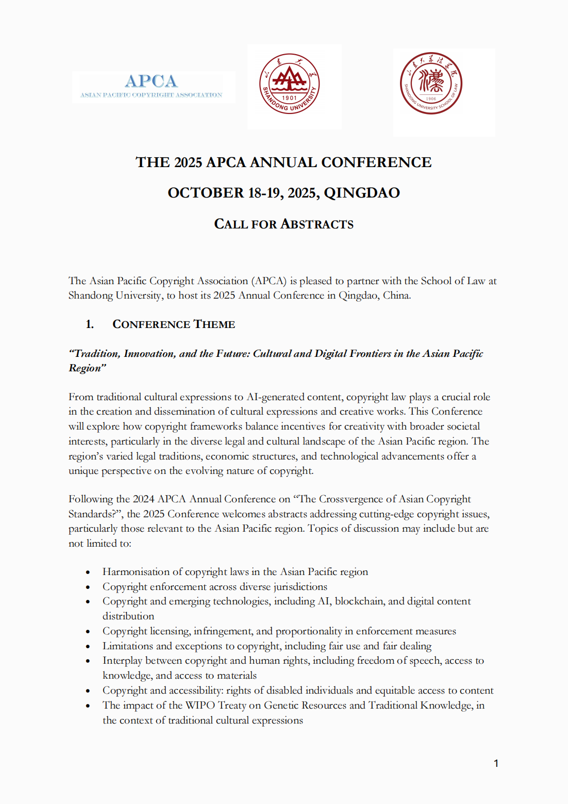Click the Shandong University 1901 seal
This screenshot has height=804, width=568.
pyautogui.click(x=289, y=84)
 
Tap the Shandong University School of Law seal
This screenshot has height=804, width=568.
pyautogui.click(x=431, y=83)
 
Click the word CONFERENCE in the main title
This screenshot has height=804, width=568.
pyautogui.click(x=376, y=162)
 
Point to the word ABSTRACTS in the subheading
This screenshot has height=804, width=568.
pyautogui.click(x=317, y=224)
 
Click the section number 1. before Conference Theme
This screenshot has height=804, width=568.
pyautogui.click(x=90, y=324)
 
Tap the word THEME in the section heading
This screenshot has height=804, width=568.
pyautogui.click(x=214, y=324)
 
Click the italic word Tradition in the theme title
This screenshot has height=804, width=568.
pyautogui.click(x=96, y=354)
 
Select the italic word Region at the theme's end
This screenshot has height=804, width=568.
pyautogui.click(x=86, y=368)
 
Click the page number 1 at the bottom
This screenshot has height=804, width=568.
pyautogui.click(x=496, y=763)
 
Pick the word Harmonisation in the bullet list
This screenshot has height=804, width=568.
pyautogui.click(x=136, y=572)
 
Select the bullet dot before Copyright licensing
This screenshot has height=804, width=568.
pyautogui.click(x=88, y=632)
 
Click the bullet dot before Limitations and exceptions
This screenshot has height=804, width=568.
pyautogui.click(x=88, y=647)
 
